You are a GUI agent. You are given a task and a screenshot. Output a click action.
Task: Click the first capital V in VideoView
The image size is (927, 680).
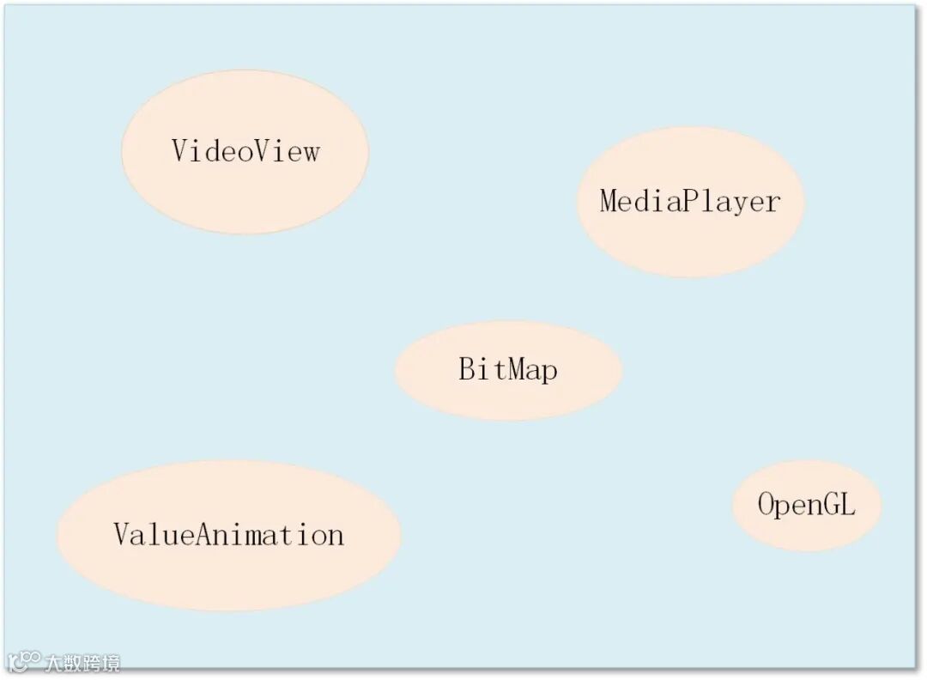(x=180, y=150)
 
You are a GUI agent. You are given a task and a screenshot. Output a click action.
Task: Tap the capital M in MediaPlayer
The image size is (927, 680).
(x=609, y=201)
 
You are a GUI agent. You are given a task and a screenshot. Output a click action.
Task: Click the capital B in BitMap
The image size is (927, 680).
(x=466, y=370)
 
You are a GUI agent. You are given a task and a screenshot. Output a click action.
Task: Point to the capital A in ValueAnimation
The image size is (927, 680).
(x=206, y=534)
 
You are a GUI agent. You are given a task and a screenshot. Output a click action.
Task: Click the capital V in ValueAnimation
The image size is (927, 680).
(x=122, y=534)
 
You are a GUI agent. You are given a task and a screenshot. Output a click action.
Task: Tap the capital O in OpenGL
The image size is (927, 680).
(x=766, y=504)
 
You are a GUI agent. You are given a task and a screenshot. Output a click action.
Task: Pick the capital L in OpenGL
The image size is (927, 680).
(x=847, y=504)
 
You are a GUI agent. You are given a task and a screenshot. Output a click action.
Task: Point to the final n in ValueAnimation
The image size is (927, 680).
(x=335, y=536)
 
